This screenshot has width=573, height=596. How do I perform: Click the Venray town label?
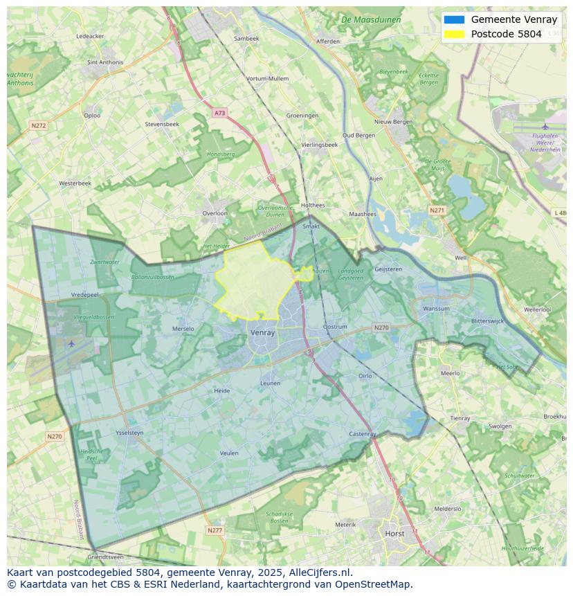coord(262,332)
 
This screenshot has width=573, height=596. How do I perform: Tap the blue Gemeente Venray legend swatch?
coord(455,20)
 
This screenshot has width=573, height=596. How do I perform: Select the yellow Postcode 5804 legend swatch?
coord(455,34)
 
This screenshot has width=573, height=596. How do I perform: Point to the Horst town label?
coord(394,534)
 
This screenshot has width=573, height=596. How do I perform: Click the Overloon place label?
coord(215,213)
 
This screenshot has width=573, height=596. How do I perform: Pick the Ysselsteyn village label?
coord(129,433)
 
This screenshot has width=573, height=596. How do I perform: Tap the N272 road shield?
coord(38,125)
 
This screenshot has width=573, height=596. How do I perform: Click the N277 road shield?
coord(215,530)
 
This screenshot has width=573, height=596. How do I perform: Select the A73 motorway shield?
coord(219,113)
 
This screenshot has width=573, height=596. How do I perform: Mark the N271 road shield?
coord(437,210)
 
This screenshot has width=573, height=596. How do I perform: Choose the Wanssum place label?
coord(436,309)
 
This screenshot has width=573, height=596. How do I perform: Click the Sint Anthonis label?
coord(105,62)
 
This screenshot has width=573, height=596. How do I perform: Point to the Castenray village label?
coord(363,434)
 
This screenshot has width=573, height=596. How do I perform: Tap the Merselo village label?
coord(183,329)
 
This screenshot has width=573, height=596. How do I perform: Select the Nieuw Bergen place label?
coord(393,122)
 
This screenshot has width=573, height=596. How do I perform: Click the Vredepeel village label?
coord(85,294)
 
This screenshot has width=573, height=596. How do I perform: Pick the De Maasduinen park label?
coord(371,20)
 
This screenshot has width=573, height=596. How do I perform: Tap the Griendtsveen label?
coord(106,557)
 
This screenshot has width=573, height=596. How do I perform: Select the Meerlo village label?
coord(450,373)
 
